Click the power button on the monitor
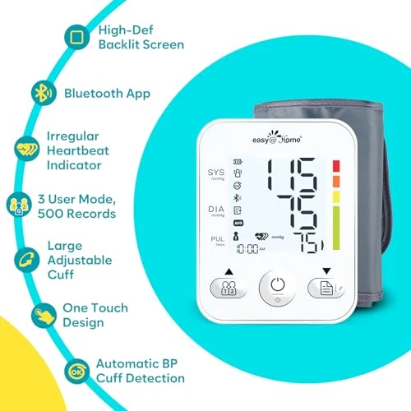coord(277,288)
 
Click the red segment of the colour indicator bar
coord(335,166)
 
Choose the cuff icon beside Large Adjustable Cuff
coord(26,261)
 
